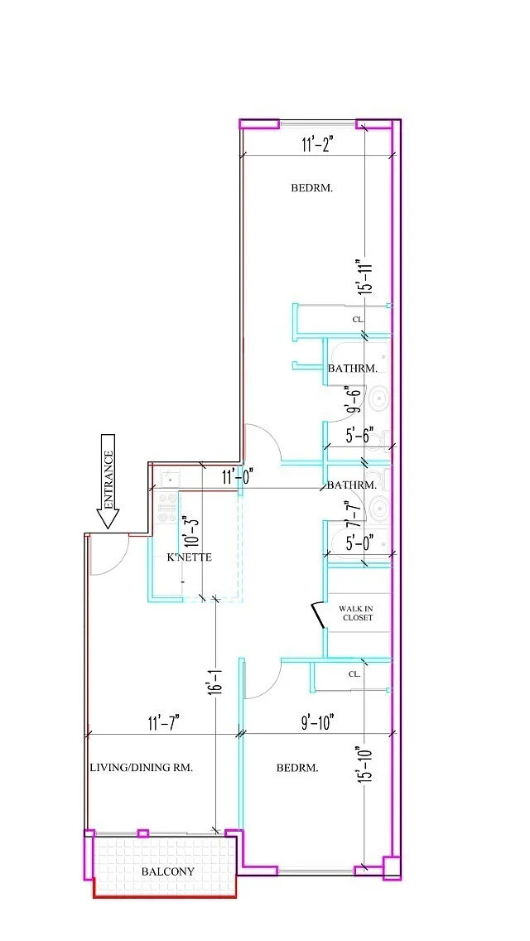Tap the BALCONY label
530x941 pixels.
(168, 871)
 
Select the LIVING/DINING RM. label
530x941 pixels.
(141, 768)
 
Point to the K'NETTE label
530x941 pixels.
(190, 557)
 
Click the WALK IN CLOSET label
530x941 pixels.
(356, 613)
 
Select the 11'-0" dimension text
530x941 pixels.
(236, 476)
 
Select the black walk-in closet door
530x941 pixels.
(317, 616)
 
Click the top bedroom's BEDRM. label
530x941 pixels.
(312, 188)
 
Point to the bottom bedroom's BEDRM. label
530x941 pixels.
(297, 768)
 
